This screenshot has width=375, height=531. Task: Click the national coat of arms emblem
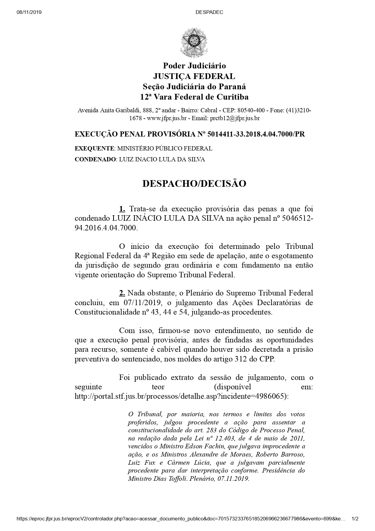(x=194, y=42)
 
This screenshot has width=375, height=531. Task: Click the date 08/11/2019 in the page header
(x=29, y=12)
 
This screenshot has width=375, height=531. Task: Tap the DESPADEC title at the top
(x=209, y=12)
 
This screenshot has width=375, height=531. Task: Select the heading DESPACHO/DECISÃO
(x=194, y=183)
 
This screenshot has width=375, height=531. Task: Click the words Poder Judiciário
(x=194, y=66)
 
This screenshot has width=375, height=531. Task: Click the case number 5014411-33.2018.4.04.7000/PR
(x=256, y=134)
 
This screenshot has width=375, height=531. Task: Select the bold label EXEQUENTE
(x=94, y=148)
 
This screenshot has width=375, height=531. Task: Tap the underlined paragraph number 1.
(x=122, y=209)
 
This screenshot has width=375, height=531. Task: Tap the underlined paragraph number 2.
(x=122, y=293)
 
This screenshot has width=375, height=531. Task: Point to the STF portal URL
(x=181, y=396)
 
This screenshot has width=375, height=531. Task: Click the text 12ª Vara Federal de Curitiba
(x=194, y=97)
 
